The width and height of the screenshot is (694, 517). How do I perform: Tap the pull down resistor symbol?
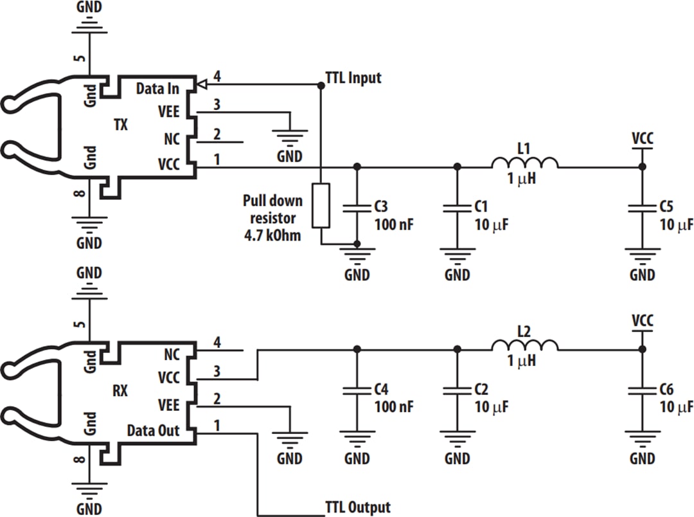tap(321, 205)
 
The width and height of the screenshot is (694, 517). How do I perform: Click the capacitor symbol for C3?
tap(357, 208)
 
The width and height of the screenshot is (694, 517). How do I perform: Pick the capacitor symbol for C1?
tap(457, 208)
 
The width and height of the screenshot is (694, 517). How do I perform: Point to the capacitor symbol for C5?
tap(641, 208)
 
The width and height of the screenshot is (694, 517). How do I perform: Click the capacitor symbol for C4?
tap(357, 390)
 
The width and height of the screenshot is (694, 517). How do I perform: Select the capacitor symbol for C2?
tap(457, 390)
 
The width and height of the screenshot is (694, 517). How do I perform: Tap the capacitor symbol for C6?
tap(641, 390)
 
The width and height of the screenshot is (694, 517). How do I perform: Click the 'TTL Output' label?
tap(357, 507)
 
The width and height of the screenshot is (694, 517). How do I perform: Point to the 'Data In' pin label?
tap(157, 88)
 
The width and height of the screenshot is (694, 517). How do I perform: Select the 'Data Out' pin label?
tap(153, 430)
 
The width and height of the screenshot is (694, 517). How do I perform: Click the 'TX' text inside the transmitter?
tap(120, 125)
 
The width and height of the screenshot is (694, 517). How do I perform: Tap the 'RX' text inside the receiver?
tap(120, 390)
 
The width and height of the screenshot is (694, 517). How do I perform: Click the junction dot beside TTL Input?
tap(321, 84)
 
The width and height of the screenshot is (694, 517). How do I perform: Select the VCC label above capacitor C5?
tap(642, 138)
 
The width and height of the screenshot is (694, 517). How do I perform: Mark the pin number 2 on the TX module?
tap(217, 134)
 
